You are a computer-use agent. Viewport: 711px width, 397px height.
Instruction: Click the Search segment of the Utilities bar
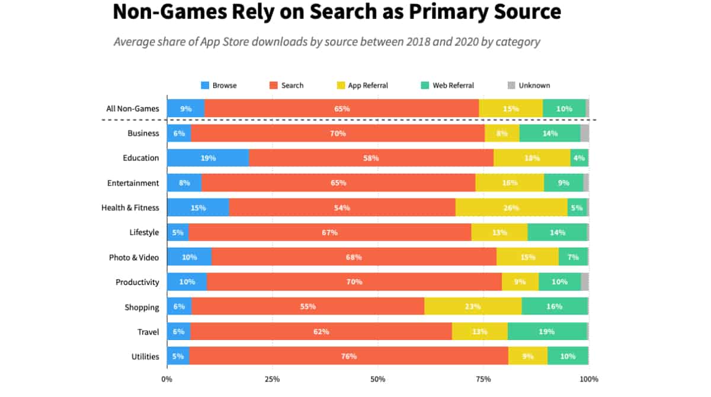click(x=349, y=356)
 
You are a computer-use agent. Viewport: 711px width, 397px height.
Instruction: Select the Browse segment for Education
click(x=207, y=158)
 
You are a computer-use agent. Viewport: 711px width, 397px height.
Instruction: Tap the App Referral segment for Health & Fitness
click(x=511, y=208)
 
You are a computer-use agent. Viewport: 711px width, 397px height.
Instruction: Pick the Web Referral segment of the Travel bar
click(x=547, y=332)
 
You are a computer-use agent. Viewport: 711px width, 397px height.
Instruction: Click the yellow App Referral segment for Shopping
click(x=473, y=307)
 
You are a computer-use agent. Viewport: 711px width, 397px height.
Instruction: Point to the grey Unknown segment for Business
click(x=584, y=133)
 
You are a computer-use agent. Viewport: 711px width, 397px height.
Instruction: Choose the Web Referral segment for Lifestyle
click(x=557, y=233)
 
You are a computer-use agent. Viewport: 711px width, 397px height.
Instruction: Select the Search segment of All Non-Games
click(x=342, y=108)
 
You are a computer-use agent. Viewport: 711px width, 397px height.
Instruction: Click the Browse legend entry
click(x=219, y=85)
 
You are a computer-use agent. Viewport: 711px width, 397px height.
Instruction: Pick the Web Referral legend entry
click(x=447, y=85)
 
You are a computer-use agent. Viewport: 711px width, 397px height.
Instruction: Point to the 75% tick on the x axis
click(x=483, y=379)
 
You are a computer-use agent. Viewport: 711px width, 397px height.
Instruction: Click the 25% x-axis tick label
click(x=273, y=379)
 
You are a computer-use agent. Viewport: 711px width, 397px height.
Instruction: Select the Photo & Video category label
click(x=134, y=258)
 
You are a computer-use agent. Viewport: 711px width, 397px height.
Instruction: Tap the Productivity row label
click(x=137, y=283)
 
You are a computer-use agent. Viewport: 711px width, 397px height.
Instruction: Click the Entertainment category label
click(x=133, y=183)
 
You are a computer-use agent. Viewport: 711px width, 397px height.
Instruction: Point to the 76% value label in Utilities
click(x=349, y=357)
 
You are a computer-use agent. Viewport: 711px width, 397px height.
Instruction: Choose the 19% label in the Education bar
click(x=208, y=158)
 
